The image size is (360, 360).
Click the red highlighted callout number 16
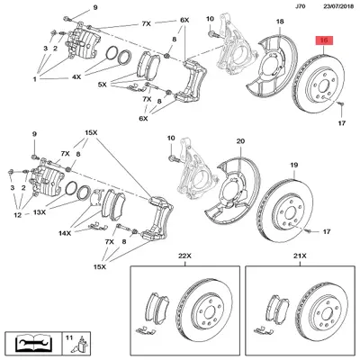(x=324, y=40)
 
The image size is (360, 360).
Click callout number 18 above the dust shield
(x=280, y=22)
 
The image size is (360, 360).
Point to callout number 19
(x=294, y=165)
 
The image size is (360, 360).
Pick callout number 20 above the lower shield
(x=241, y=141)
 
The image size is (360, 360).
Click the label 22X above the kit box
(x=184, y=256)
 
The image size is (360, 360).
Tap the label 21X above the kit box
(x=300, y=256)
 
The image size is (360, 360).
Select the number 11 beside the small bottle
(x=69, y=337)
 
